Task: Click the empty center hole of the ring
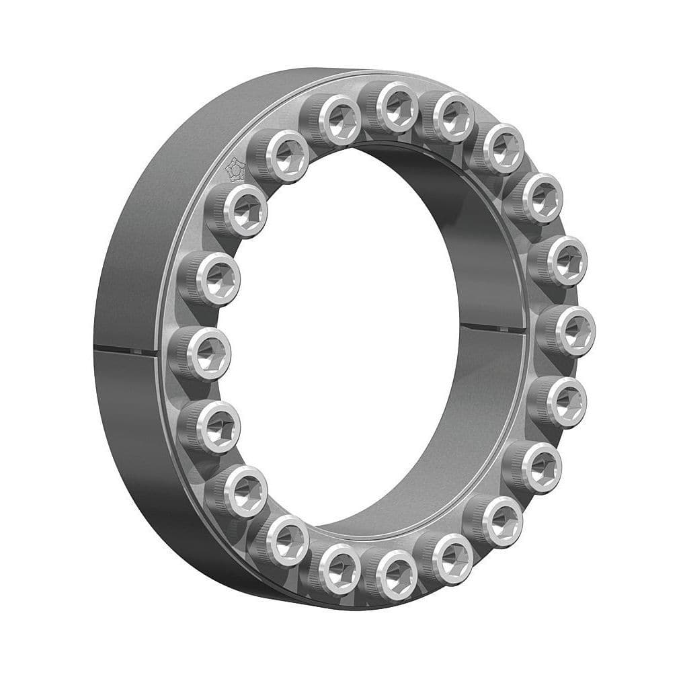[350, 336]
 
